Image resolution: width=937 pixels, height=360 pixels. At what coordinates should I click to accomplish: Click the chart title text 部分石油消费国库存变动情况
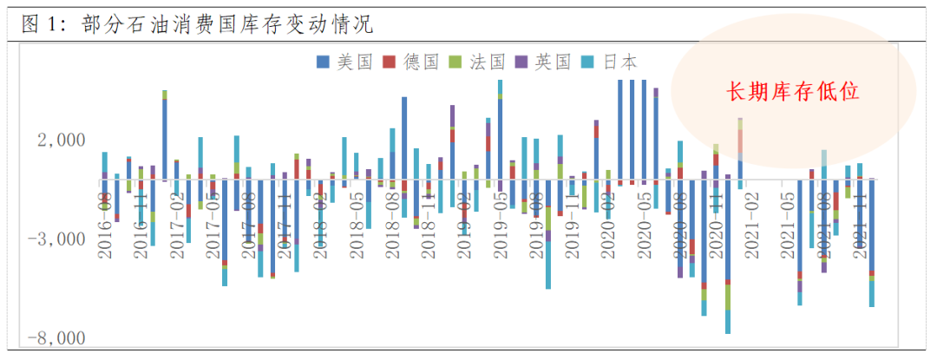click(x=226, y=24)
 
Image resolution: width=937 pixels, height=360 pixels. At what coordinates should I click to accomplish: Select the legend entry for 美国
click(x=344, y=62)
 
